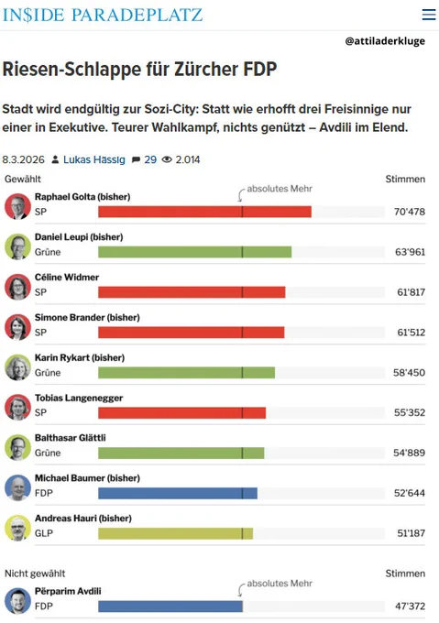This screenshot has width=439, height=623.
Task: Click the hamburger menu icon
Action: pos(429,15)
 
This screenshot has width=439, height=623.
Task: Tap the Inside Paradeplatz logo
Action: pos(103,15)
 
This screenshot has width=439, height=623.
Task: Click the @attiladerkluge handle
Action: pos(385,41)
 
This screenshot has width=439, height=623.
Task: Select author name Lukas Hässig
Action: pos(94,159)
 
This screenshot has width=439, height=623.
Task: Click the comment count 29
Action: pos(150,159)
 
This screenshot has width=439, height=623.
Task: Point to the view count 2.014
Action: pos(188,159)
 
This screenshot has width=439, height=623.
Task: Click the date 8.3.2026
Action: pos(24,159)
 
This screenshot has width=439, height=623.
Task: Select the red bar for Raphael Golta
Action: pos(204,212)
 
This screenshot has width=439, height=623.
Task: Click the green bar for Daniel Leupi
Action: pos(194,252)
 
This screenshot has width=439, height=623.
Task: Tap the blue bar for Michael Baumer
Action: pos(178,493)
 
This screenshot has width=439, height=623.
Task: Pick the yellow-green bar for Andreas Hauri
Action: pos(176,533)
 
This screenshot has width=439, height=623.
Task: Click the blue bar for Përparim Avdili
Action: pos(170,607)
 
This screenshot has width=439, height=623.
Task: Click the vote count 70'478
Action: pos(409,212)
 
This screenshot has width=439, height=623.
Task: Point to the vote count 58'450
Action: pos(409,373)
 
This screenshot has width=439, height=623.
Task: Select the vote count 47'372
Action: pos(410,607)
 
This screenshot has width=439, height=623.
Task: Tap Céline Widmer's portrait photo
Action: pos(18,287)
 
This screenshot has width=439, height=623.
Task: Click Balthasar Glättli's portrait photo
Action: pos(18,447)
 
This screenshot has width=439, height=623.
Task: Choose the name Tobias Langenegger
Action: pos(79,398)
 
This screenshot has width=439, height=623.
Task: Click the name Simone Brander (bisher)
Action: pos(87,318)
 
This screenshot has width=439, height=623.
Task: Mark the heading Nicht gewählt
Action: pos(35,574)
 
